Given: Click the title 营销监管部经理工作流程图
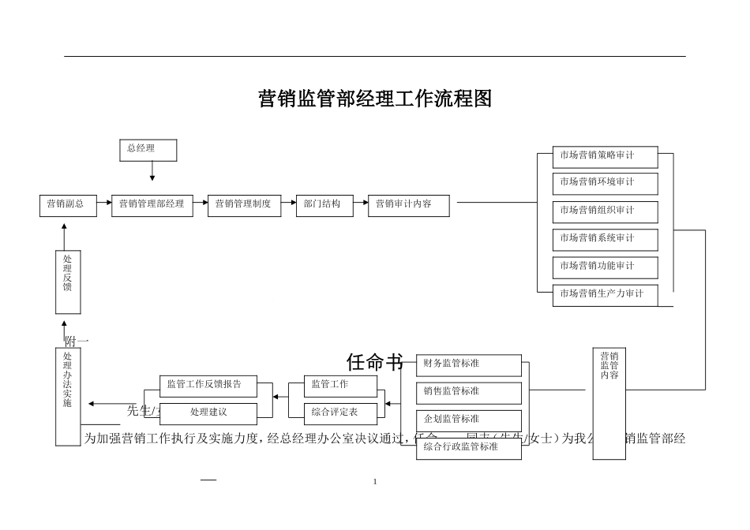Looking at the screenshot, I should point(375,99).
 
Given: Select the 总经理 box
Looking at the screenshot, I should point(148,150).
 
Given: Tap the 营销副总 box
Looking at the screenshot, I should point(67,205).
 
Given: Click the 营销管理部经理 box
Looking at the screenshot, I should point(152,205).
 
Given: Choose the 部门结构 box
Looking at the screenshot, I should point(323,205).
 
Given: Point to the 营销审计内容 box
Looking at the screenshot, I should point(409,205).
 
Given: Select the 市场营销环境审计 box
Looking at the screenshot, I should point(605,183).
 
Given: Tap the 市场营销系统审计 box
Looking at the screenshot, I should point(605,238).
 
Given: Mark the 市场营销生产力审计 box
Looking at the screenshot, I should point(605,294).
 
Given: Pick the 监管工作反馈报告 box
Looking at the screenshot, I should point(208,385).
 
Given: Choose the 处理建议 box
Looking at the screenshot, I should point(208,412).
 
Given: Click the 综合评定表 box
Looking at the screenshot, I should point(339,412).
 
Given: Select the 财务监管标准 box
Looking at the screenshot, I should point(469,364).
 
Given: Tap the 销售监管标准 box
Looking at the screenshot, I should point(469,392).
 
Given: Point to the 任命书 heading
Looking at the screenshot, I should point(375,362).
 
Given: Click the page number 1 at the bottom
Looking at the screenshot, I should point(375,481).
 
